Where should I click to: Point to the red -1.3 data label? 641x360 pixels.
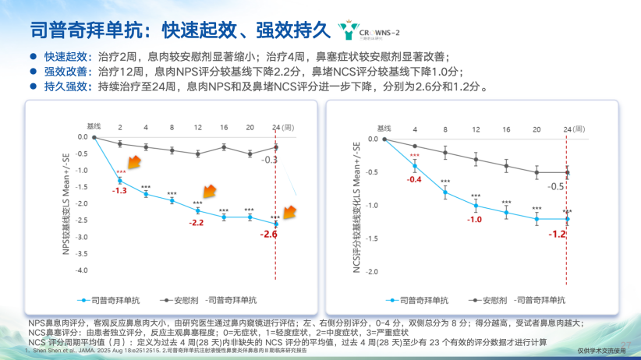click(119, 190)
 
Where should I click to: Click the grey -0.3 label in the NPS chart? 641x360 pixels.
click(269, 160)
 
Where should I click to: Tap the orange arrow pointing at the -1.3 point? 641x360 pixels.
click(134, 163)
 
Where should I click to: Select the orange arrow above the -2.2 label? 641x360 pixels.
click(208, 192)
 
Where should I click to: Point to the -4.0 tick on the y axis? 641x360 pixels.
click(80, 270)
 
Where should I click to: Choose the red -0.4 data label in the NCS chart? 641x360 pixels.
click(413, 179)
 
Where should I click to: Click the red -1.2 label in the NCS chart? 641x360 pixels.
click(557, 234)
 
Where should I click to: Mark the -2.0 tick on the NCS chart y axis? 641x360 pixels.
click(372, 271)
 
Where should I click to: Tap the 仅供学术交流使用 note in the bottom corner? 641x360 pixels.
click(605, 351)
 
